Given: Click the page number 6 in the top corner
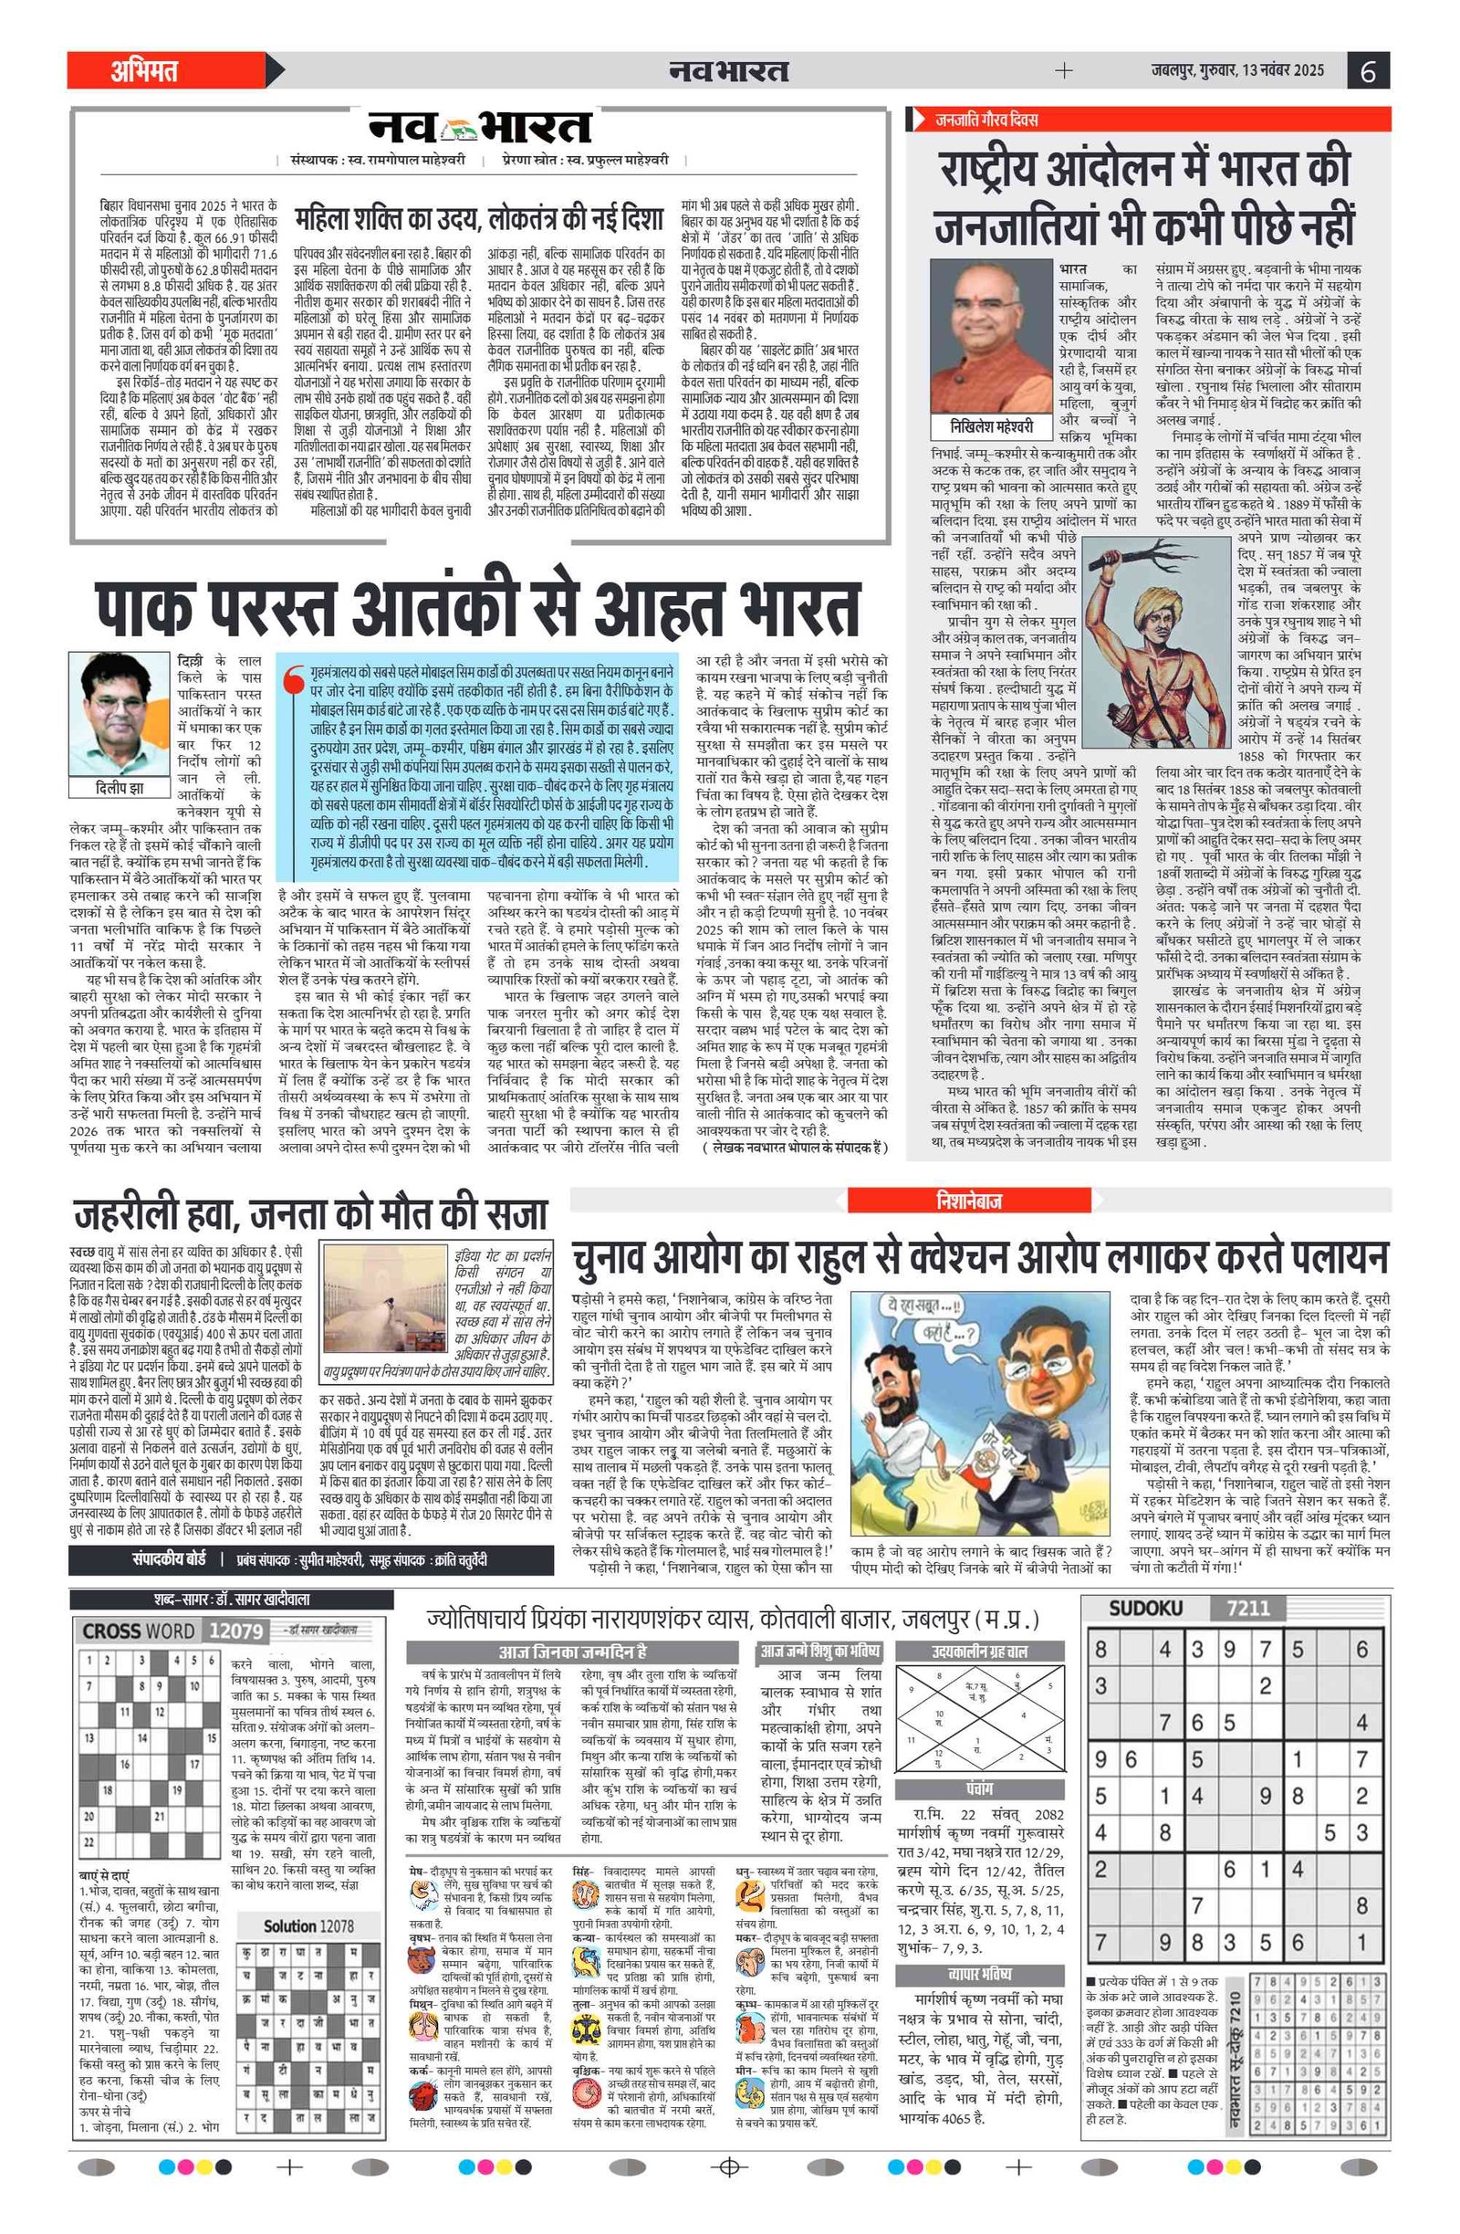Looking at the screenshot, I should pos(1368,71).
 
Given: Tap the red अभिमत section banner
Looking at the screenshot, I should pos(144,71).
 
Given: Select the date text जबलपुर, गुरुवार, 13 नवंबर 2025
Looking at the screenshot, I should pos(1236,70).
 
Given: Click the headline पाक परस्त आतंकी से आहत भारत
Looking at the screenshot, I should pos(477,609).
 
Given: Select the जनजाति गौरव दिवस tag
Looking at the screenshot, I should pos(985,121).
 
